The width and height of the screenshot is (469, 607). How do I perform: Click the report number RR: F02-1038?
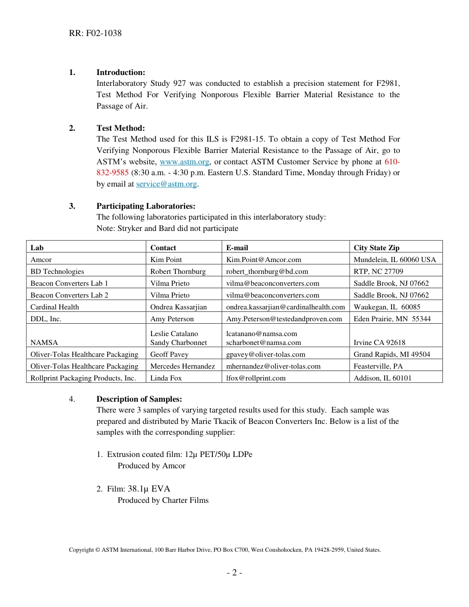[x=95, y=34]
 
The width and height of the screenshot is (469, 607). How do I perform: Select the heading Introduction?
[x=120, y=73]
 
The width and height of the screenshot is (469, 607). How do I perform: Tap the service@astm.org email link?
[x=166, y=184]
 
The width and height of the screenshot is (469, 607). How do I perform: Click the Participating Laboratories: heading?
[x=146, y=206]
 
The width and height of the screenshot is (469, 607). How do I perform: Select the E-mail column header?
[x=237, y=248]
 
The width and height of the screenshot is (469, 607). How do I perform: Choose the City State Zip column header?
[x=376, y=248]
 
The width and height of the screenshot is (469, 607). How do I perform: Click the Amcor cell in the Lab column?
[x=41, y=260]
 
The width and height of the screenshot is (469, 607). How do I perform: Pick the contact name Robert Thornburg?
[x=178, y=271]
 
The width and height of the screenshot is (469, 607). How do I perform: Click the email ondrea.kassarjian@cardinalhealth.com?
[x=285, y=307]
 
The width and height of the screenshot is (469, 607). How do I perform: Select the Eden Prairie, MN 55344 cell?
[x=392, y=319]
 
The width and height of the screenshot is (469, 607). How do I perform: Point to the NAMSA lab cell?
[x=44, y=342]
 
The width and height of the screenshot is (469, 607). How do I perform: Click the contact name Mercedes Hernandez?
[x=182, y=366]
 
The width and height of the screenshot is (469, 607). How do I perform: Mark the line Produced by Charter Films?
[x=163, y=500]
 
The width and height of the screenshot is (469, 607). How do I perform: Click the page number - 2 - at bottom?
[x=234, y=573]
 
